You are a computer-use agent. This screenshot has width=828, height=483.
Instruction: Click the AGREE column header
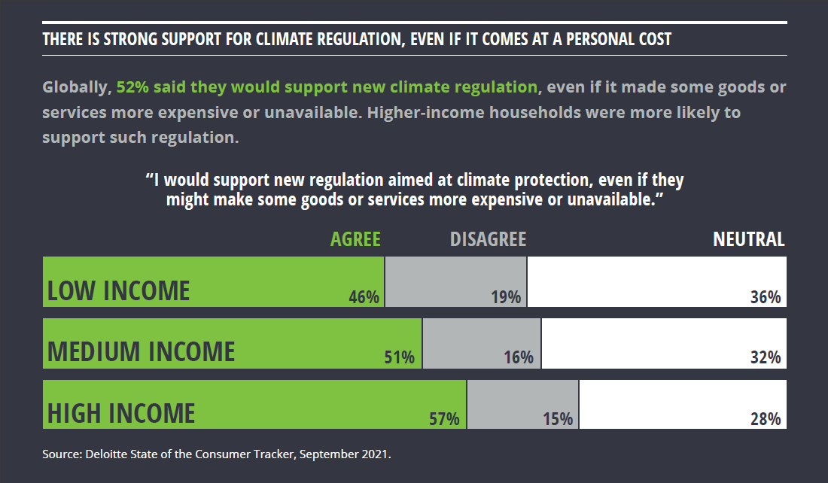355,239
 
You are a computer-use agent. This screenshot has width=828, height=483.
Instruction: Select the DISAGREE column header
488,239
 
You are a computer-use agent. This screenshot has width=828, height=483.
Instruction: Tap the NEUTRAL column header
748,239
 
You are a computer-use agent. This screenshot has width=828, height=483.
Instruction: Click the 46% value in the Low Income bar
364,296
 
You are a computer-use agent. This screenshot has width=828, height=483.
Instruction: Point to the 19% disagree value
506,296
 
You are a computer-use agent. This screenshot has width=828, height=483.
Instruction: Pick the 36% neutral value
766,296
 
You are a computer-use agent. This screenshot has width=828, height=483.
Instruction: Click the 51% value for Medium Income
400,357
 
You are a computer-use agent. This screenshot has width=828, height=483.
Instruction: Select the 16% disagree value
519,357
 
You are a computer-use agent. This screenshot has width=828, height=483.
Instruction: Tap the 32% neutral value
766,357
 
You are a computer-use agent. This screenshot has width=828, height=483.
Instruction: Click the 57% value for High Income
444,419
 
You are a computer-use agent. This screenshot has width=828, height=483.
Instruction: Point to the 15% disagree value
558,419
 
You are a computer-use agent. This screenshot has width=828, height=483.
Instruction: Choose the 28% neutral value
766,419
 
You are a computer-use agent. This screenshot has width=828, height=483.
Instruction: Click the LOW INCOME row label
119,290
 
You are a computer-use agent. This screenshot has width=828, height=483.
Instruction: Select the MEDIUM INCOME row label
142,351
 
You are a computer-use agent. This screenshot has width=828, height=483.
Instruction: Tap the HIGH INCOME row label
121,413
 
